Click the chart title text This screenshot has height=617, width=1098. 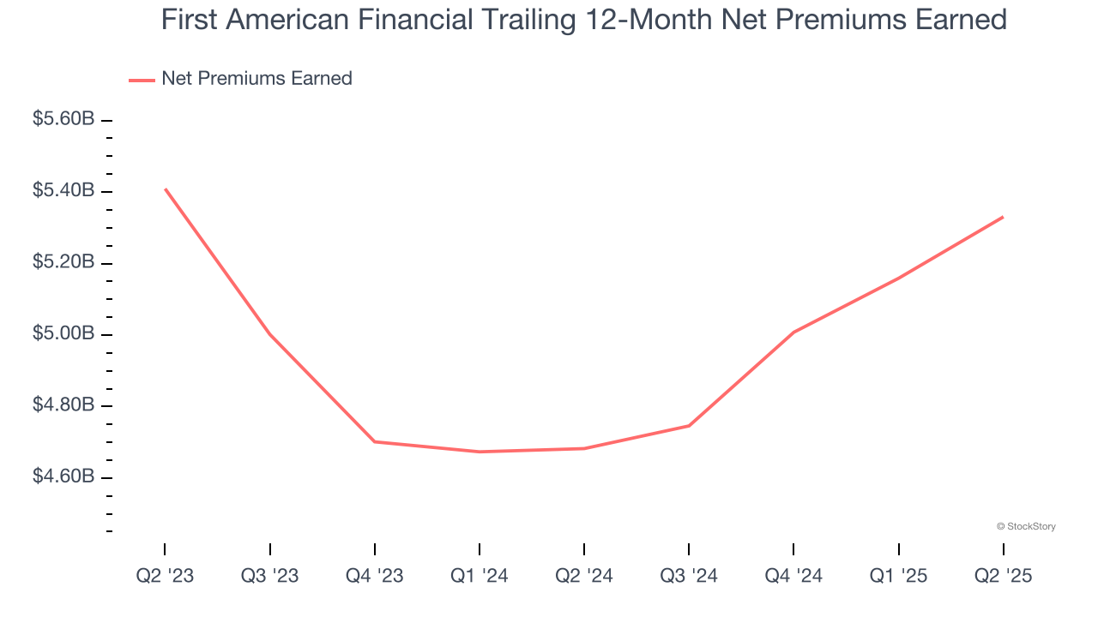click(583, 20)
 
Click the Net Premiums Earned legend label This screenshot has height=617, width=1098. click(256, 79)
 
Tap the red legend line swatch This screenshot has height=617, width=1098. click(142, 80)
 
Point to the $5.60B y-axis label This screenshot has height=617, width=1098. click(63, 119)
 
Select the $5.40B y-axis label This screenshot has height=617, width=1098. click(63, 190)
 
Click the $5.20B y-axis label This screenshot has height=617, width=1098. click(63, 261)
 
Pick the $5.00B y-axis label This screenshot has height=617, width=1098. click(63, 332)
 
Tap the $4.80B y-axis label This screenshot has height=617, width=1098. click(63, 404)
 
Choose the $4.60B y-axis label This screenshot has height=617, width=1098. click(63, 476)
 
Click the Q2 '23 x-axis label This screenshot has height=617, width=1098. click(165, 576)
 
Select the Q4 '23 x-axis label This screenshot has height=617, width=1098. click(374, 576)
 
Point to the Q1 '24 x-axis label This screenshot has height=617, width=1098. click(480, 576)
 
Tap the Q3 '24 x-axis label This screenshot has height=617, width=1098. click(689, 576)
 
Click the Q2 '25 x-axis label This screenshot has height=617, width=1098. click(1003, 576)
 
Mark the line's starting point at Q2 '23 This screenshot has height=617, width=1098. click(165, 189)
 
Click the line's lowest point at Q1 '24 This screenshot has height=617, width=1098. click(480, 452)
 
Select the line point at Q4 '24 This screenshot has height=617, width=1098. click(793, 332)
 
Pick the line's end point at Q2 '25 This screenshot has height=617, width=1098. click(1003, 217)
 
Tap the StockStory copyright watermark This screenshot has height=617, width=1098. click(1026, 526)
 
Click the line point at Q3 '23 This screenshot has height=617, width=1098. click(270, 333)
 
